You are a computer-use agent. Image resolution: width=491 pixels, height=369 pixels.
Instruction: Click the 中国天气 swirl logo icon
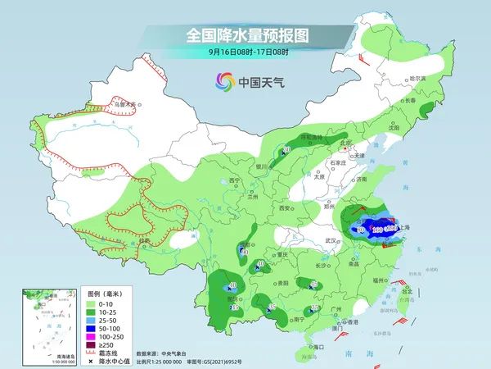point(225,81)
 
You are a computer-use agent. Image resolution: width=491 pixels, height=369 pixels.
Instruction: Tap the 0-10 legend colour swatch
point(94,304)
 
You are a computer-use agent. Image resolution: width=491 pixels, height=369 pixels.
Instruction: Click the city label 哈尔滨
point(417,79)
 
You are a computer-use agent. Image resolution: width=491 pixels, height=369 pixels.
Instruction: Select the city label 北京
point(345,143)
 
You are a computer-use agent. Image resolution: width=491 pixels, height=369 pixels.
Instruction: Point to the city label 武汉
point(331,240)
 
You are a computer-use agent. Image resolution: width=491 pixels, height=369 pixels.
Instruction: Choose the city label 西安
point(286,209)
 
